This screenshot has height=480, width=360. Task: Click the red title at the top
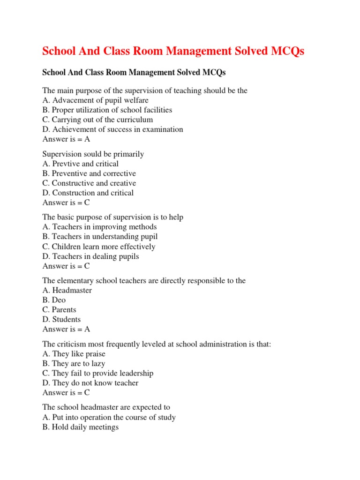(x=173, y=52)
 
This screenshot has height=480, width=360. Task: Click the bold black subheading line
(x=134, y=73)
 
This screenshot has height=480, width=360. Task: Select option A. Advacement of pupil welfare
(x=95, y=100)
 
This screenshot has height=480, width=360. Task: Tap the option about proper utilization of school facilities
(x=107, y=110)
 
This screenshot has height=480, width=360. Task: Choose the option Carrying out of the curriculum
(x=97, y=120)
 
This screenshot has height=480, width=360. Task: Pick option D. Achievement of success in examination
(x=112, y=129)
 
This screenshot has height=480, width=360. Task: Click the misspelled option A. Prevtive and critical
(x=80, y=164)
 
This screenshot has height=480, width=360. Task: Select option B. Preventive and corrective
(x=89, y=173)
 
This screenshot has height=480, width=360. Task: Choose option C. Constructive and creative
(x=89, y=183)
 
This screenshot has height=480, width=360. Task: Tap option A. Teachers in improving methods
(x=99, y=227)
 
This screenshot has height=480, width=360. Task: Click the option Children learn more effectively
(x=99, y=247)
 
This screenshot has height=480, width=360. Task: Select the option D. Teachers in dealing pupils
(x=90, y=256)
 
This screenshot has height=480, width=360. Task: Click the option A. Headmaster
(x=67, y=291)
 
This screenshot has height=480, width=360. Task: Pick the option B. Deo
(x=54, y=300)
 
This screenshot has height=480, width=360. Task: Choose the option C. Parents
(x=59, y=310)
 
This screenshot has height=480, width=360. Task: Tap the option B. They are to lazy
(x=74, y=363)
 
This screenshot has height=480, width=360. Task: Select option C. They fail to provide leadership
(x=97, y=373)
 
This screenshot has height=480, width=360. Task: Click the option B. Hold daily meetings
(x=80, y=427)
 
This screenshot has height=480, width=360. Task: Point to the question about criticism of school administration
(x=157, y=344)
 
